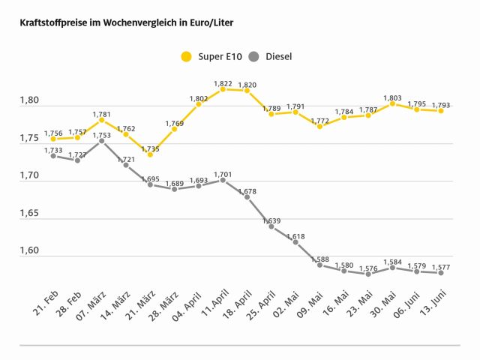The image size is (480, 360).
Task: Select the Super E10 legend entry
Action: pos(210,56)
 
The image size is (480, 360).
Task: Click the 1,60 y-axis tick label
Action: pos(31,251)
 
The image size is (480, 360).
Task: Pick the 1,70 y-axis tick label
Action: pos(31,176)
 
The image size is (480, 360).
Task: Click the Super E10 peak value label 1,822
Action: pos(223,82)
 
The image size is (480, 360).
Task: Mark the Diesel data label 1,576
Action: pos(368,267)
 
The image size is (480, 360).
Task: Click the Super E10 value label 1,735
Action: pos(150,148)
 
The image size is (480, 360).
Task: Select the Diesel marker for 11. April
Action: pos(223,180)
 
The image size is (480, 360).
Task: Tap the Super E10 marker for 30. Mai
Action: pos(392,103)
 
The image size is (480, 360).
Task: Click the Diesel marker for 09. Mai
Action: pos(319,265)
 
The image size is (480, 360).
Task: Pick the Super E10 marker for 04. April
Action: pos(199,104)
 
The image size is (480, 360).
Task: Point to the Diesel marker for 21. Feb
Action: pos(53,156)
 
